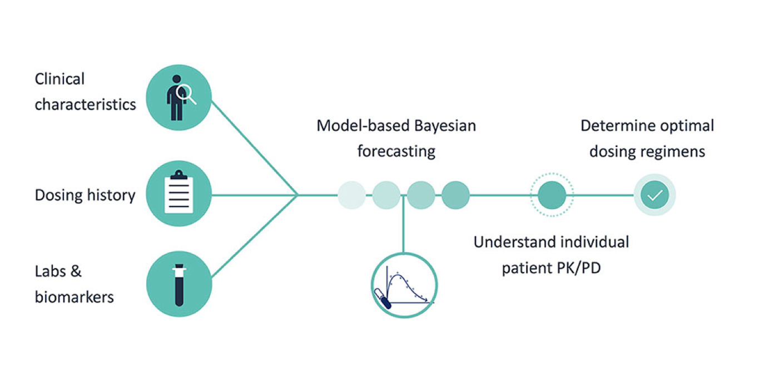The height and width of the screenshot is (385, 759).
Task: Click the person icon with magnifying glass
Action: pyautogui.click(x=178, y=97)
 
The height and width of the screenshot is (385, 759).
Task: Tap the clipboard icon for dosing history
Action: pyautogui.click(x=178, y=194)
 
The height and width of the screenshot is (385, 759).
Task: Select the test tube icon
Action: pyautogui.click(x=178, y=284)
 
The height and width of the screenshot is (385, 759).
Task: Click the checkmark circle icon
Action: pyautogui.click(x=654, y=195)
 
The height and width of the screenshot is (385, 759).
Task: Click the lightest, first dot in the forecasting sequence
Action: pyautogui.click(x=351, y=195)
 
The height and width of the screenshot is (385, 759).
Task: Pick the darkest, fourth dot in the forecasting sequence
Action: pyautogui.click(x=455, y=195)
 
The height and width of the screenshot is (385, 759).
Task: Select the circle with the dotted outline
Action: pyautogui.click(x=551, y=195)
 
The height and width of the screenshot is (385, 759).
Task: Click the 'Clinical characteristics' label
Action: pyautogui.click(x=85, y=92)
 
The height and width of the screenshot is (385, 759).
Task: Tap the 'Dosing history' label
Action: pyautogui.click(x=85, y=195)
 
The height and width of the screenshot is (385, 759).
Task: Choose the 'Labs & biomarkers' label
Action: pyautogui.click(x=74, y=284)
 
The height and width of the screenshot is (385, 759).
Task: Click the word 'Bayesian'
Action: pyautogui.click(x=444, y=126)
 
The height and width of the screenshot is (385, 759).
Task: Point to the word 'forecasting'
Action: pyautogui.click(x=396, y=151)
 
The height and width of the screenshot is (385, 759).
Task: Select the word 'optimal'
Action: pyautogui.click(x=686, y=126)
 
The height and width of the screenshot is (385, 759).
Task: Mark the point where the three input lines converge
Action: pyautogui.click(x=299, y=195)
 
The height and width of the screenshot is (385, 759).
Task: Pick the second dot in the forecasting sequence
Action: pyautogui.click(x=386, y=195)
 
